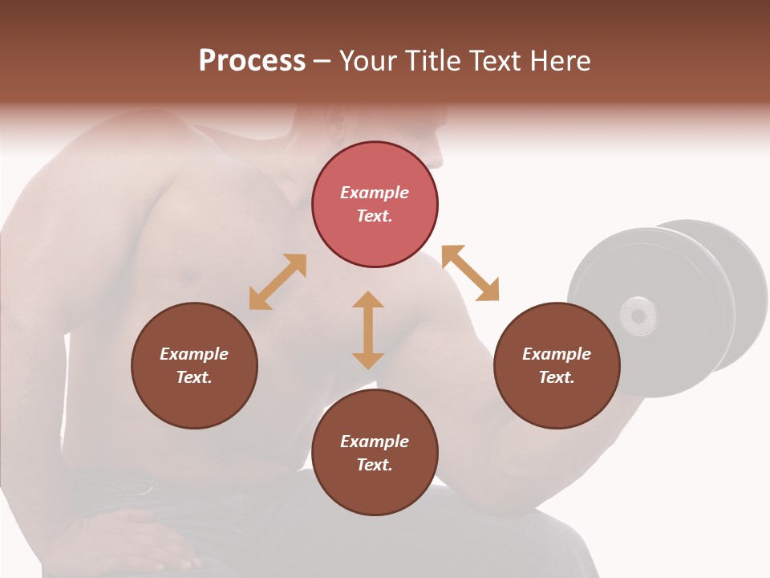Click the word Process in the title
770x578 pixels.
(x=252, y=61)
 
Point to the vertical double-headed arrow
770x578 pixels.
(x=368, y=330)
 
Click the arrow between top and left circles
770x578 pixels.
(x=278, y=282)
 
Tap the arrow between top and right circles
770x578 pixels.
(x=470, y=273)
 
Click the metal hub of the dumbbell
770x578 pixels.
(x=638, y=315)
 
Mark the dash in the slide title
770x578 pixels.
(x=322, y=61)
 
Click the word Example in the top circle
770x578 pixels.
(x=375, y=193)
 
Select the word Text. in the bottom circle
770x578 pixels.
(x=375, y=465)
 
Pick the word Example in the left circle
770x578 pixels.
(x=194, y=354)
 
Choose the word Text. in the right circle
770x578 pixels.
(x=557, y=377)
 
